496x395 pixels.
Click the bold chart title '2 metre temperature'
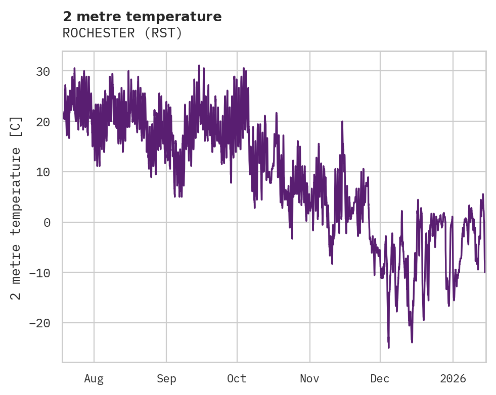point(142,17)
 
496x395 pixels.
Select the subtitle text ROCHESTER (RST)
point(122,33)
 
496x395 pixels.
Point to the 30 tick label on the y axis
point(43,72)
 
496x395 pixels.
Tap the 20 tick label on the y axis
point(43,122)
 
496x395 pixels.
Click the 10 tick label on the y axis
point(43,172)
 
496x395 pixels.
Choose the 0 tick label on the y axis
point(47,222)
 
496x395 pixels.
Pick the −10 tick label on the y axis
point(39,273)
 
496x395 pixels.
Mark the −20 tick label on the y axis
point(39,323)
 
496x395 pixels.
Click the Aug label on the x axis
point(94,379)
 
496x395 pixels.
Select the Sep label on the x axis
point(166,379)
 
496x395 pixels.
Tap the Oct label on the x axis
point(237,379)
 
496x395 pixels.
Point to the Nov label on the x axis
point(309,379)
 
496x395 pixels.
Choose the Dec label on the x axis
point(380,379)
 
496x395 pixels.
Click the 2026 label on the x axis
point(453,379)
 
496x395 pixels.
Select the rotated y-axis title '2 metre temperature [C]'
point(16,208)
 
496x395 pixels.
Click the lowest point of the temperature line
point(388,348)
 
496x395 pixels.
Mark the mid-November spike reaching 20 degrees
point(342,122)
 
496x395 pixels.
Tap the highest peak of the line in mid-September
point(199,66)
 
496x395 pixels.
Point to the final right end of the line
point(484,272)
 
